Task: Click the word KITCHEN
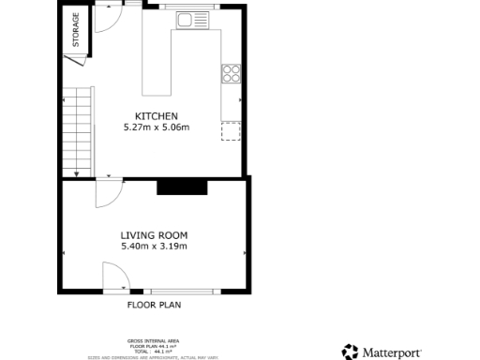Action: (x=157, y=116)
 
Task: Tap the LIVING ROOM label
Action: (x=154, y=235)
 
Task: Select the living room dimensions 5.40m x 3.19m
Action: (x=154, y=247)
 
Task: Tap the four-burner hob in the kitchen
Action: (x=231, y=73)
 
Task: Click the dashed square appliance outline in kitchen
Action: (x=231, y=130)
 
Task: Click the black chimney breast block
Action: (x=181, y=187)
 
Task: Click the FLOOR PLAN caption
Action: (x=154, y=305)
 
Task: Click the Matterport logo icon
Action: (x=350, y=352)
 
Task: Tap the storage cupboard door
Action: (x=72, y=62)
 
